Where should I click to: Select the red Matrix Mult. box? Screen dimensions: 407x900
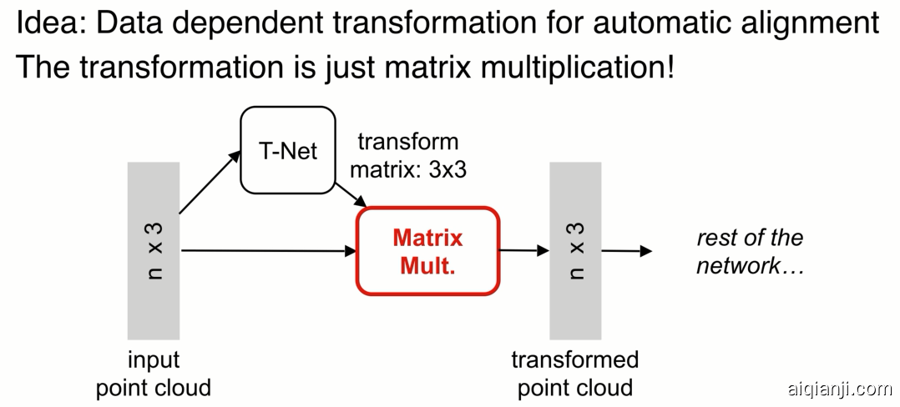click(x=427, y=251)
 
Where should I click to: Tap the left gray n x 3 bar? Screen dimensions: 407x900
click(x=153, y=250)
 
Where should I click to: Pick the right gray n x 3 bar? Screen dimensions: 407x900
click(x=575, y=250)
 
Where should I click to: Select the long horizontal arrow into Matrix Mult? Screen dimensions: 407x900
click(x=267, y=249)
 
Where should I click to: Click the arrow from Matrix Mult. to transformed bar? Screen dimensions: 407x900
click(x=523, y=249)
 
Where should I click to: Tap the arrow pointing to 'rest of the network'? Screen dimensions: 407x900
click(x=626, y=250)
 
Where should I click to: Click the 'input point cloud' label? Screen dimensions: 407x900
click(x=153, y=374)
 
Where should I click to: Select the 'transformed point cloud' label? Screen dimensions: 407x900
click(x=574, y=374)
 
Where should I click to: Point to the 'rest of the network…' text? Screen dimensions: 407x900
click(x=749, y=251)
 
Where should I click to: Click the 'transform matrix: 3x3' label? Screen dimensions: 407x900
click(x=407, y=156)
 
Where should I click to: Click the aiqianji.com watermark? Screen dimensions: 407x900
click(x=838, y=389)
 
